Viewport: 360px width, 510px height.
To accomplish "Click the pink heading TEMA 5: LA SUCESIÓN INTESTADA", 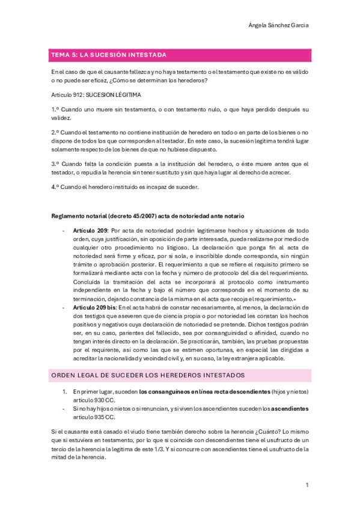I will pyautogui.click(x=109, y=55).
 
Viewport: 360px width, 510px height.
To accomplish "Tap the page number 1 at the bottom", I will pyautogui.click(x=307, y=485).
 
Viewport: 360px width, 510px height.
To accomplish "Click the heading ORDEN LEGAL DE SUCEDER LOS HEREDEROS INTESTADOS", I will pyautogui.click(x=148, y=375).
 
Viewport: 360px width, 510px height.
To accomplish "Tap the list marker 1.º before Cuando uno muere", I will pyautogui.click(x=55, y=109).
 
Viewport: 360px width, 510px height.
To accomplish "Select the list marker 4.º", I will pyautogui.click(x=55, y=186).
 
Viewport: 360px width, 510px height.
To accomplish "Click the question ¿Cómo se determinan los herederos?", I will pyautogui.click(x=162, y=80).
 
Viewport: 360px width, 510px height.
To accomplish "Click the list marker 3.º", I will pyautogui.click(x=55, y=164).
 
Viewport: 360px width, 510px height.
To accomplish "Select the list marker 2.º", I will pyautogui.click(x=55, y=132).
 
